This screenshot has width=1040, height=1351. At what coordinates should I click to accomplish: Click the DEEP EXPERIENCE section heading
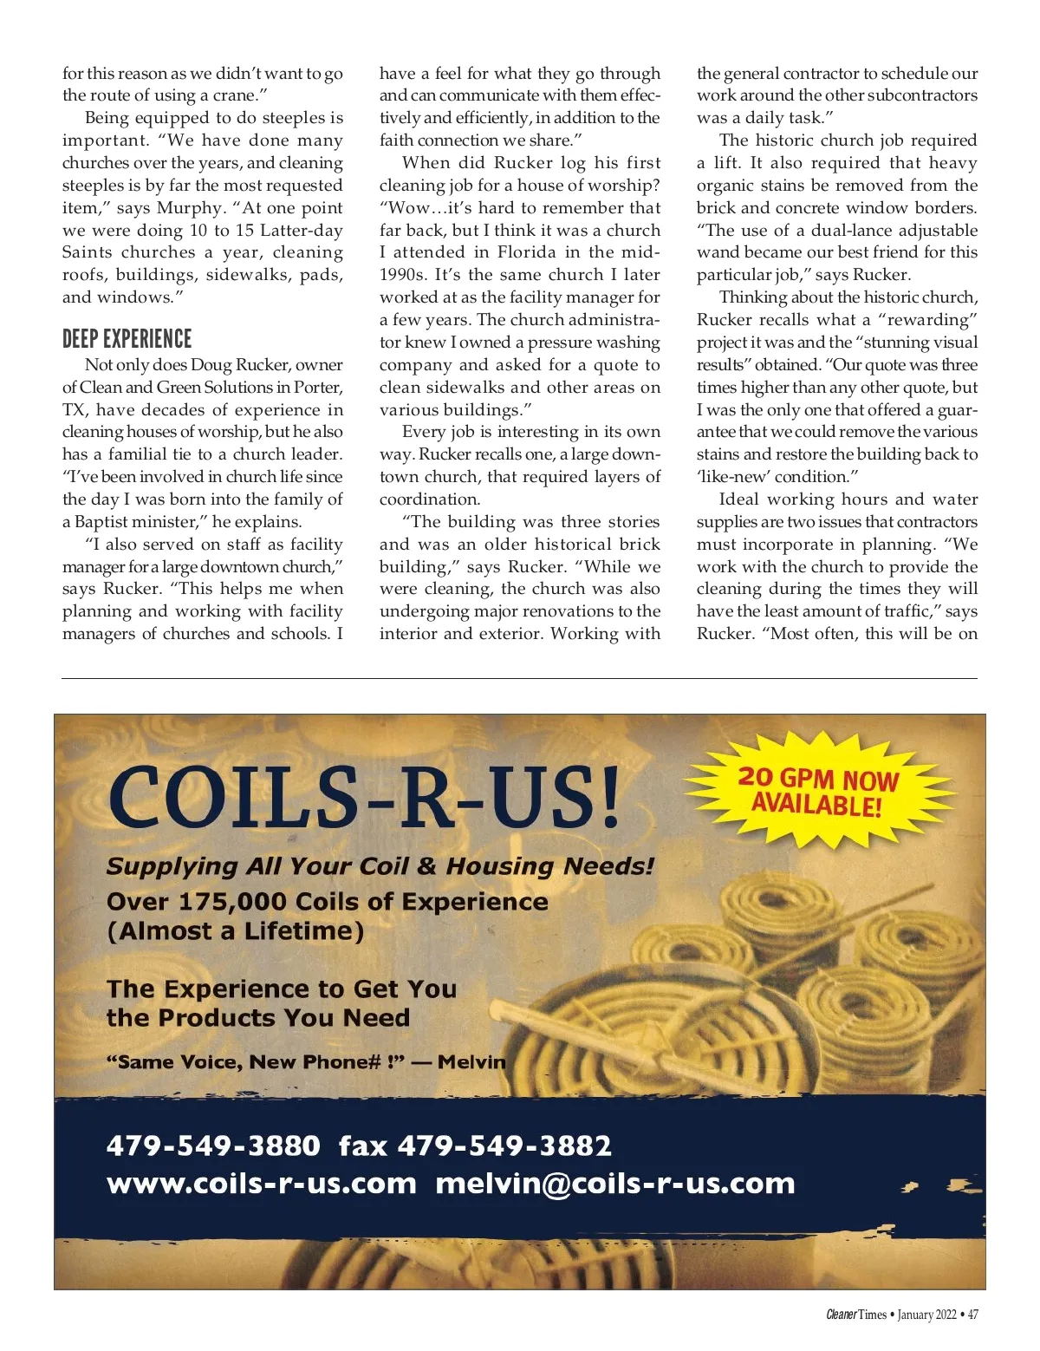127,339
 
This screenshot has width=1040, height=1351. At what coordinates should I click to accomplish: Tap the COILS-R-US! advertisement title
365,797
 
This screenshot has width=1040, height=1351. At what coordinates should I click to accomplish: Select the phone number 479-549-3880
213,1145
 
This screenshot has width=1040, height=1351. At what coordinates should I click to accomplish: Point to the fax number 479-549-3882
504,1145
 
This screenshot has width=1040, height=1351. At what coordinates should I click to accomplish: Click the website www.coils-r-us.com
261,1184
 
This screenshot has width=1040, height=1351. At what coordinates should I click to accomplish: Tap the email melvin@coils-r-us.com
614,1184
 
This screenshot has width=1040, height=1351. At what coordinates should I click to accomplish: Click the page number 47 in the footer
972,1315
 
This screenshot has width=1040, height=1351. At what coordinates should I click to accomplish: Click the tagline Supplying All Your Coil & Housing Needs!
380,866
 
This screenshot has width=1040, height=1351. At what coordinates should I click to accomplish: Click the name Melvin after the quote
471,1061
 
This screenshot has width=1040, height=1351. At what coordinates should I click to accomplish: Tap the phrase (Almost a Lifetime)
235,931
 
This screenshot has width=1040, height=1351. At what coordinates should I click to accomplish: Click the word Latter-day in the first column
302,231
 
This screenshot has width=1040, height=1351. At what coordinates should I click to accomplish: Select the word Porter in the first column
317,388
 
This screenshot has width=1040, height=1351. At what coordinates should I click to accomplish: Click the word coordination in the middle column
429,499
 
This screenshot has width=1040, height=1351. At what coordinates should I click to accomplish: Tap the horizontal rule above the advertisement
519,678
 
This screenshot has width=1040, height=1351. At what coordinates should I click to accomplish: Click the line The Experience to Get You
281,989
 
